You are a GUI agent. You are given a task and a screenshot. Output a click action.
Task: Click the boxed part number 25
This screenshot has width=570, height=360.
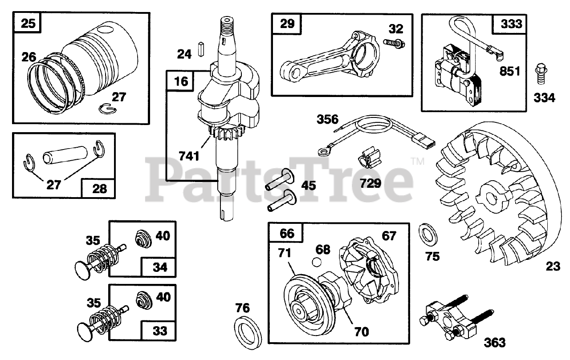click(x=28, y=23)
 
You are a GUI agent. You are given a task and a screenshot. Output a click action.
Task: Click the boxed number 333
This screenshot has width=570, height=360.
click(x=510, y=24)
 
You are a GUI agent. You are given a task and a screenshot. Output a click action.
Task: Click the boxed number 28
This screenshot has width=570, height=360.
click(x=98, y=189)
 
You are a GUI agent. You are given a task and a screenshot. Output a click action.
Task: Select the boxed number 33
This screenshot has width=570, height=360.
click(x=160, y=331)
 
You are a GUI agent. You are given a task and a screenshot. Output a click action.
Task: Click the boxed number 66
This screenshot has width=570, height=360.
click(x=287, y=233)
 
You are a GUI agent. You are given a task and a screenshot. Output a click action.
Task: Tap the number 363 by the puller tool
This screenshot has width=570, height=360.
click(x=494, y=342)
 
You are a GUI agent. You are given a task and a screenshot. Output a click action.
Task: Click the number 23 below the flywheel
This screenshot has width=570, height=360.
click(x=553, y=267)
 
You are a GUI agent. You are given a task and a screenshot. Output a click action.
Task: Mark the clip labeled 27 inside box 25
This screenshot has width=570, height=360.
click(x=105, y=108)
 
